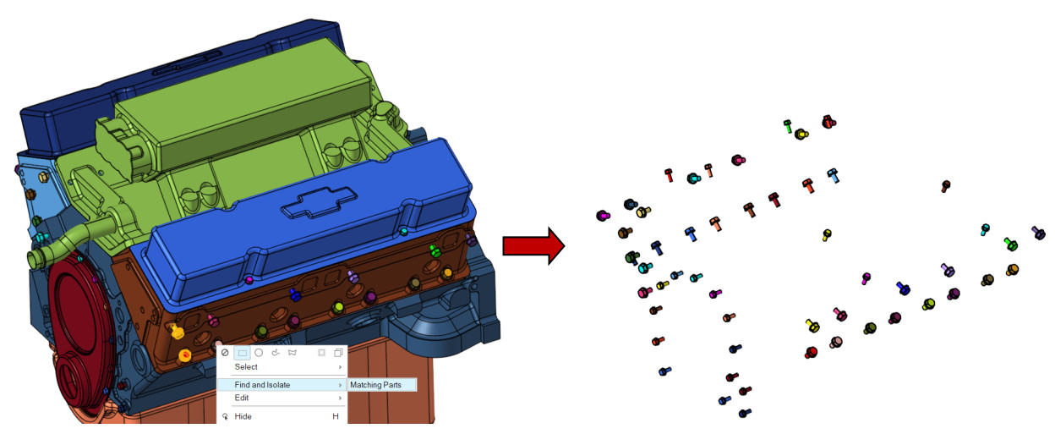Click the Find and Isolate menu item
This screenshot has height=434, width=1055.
(x=262, y=385)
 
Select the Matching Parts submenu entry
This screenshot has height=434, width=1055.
(x=382, y=385)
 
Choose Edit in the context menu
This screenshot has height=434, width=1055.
(x=242, y=398)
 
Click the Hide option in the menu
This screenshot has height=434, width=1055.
(x=243, y=416)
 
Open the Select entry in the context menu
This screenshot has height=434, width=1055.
(x=246, y=367)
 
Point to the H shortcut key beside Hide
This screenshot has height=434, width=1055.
(x=335, y=416)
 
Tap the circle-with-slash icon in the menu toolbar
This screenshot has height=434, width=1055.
(x=225, y=352)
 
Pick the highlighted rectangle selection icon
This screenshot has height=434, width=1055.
(x=242, y=352)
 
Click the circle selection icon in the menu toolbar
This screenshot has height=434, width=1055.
(x=259, y=352)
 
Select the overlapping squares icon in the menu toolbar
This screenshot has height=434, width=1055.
(x=337, y=352)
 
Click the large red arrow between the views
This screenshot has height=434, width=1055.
(x=533, y=245)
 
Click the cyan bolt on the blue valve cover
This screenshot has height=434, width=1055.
(x=404, y=231)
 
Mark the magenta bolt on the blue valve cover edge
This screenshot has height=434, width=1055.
(x=248, y=279)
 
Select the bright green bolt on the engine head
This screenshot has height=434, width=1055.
(x=434, y=250)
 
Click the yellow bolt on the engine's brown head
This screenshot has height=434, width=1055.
(x=178, y=332)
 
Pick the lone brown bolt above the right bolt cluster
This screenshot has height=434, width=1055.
(x=946, y=185)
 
